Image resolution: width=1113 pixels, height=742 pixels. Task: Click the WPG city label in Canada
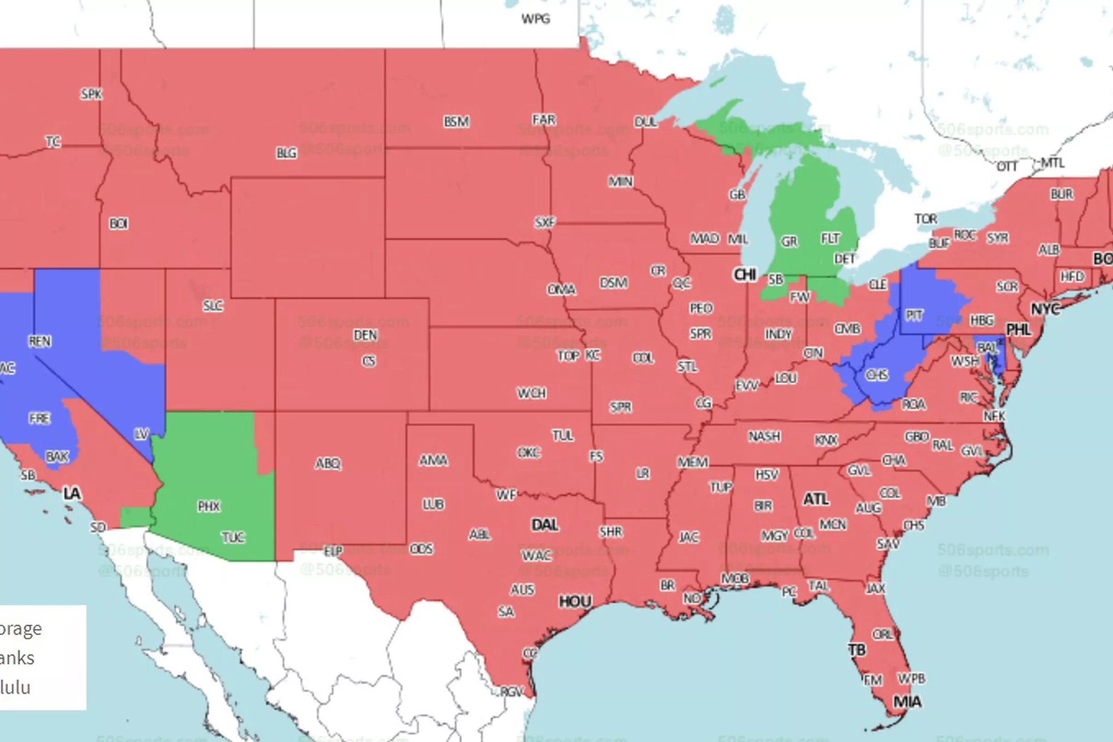(x=535, y=19)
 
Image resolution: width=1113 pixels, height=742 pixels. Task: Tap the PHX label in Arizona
(x=209, y=506)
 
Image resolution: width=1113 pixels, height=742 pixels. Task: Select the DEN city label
(x=365, y=335)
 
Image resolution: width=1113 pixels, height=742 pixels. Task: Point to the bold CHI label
(x=745, y=275)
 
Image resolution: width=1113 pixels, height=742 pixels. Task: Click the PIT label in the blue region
(x=913, y=315)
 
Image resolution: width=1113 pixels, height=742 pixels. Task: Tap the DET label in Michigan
(x=844, y=259)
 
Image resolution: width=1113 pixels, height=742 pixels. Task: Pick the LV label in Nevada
(x=142, y=434)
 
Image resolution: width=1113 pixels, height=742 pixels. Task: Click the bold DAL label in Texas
(x=545, y=524)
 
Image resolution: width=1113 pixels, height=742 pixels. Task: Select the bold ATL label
(x=816, y=499)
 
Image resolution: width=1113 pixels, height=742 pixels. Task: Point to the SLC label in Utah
(x=213, y=306)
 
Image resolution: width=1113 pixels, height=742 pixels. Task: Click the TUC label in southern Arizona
(x=233, y=537)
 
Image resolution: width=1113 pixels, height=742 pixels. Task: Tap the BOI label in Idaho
(x=118, y=224)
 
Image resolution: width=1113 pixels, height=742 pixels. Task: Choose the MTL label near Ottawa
(x=1053, y=163)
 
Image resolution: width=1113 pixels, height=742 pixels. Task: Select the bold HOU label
(x=575, y=601)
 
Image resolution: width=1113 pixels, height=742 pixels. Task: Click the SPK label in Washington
(x=91, y=94)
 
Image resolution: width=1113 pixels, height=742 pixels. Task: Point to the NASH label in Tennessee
(x=764, y=436)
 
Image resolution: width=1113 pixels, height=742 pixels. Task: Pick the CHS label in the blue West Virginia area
(x=877, y=375)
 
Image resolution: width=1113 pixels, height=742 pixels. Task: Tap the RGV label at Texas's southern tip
(x=511, y=691)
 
